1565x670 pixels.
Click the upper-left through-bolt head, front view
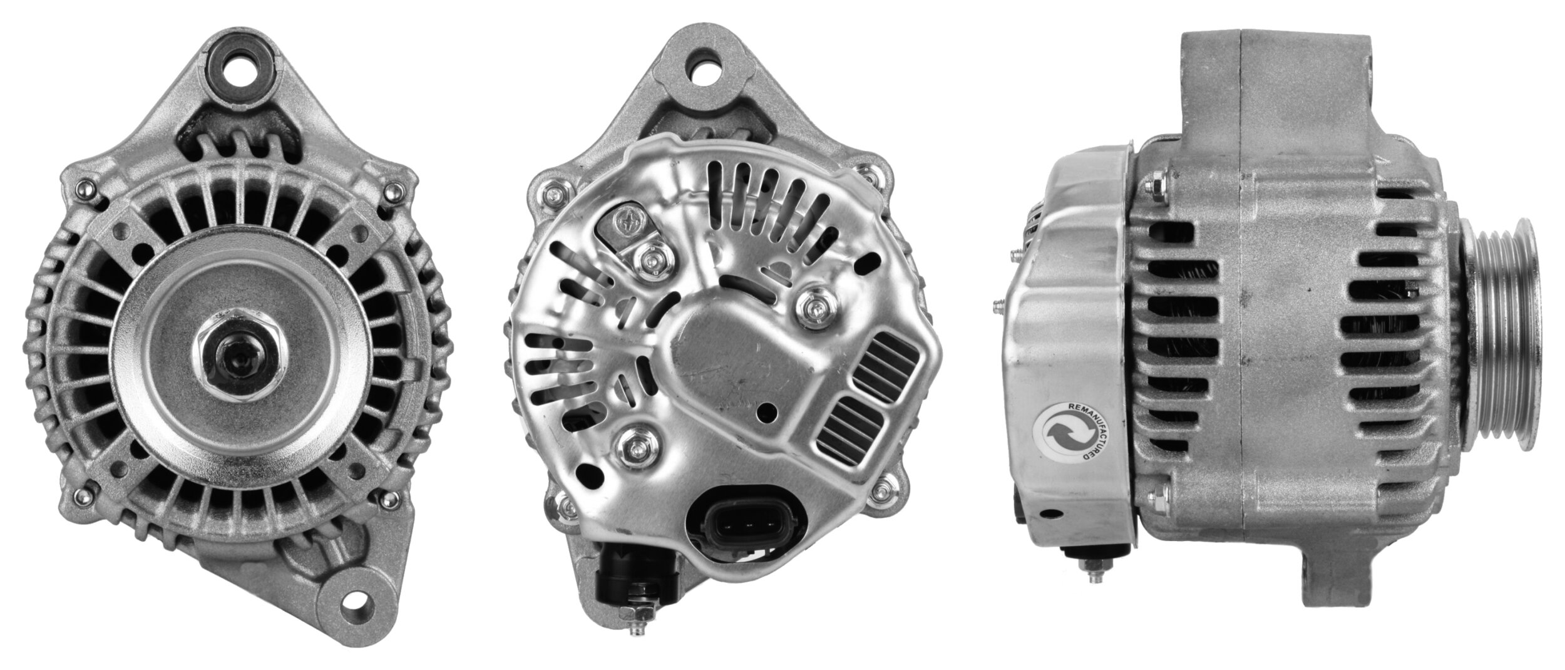click(x=83, y=187)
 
